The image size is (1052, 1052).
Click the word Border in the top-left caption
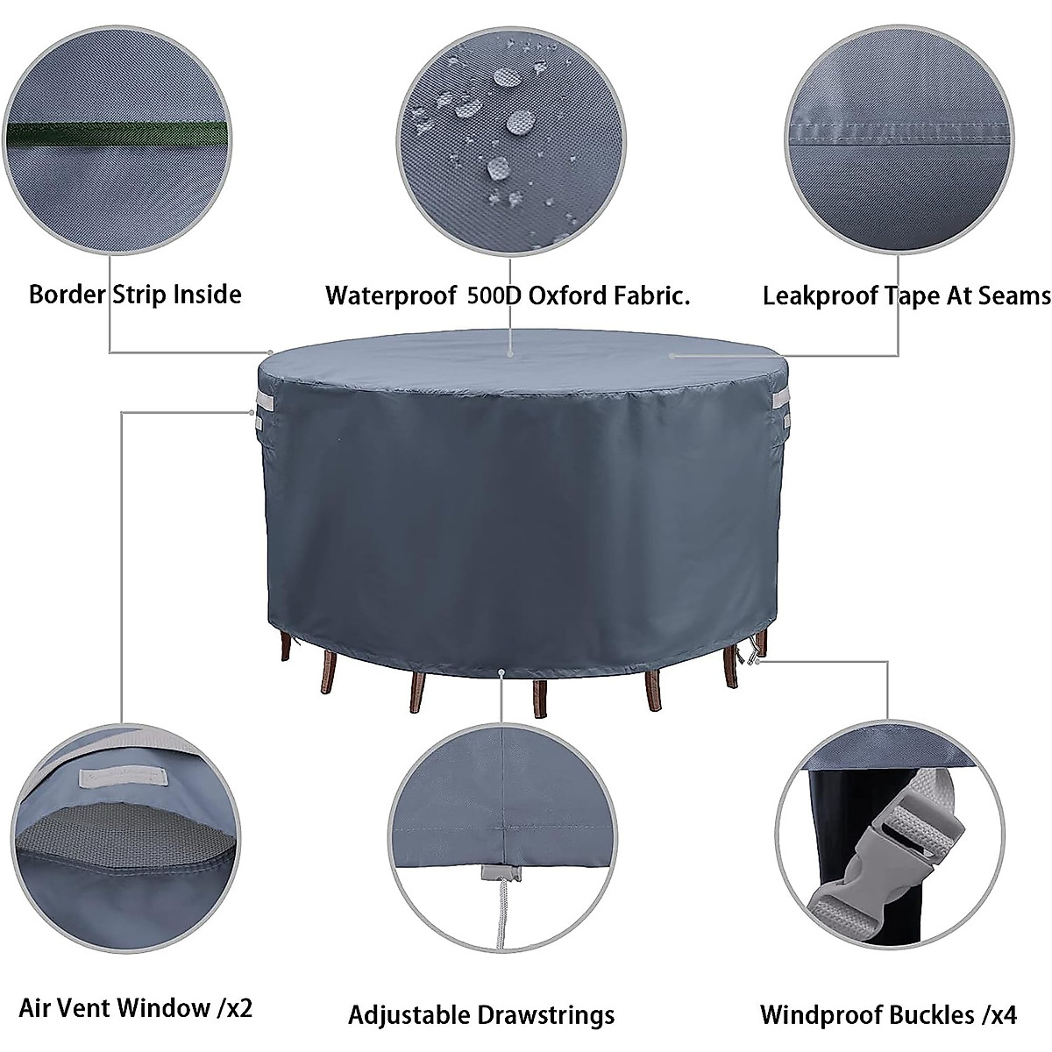[x=68, y=294]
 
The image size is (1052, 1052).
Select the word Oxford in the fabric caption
[x=559, y=295]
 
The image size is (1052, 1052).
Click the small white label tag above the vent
[x=122, y=777]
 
